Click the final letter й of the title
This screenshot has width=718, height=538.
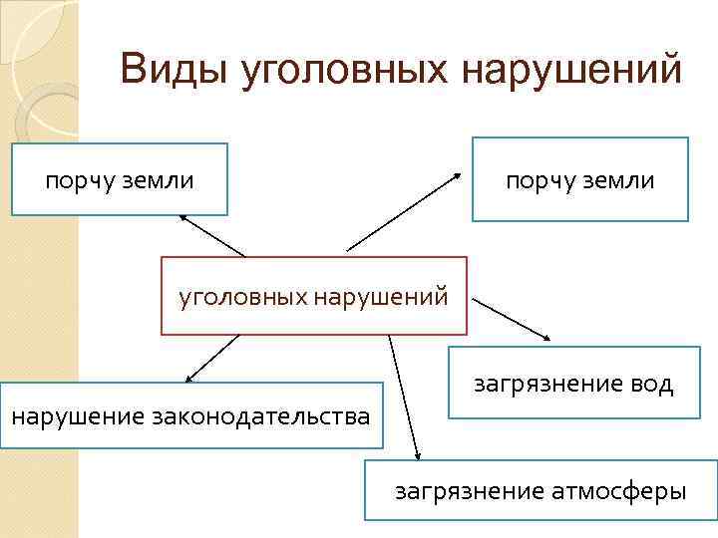[x=670, y=73]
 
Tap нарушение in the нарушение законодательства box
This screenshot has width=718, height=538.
[x=77, y=414]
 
